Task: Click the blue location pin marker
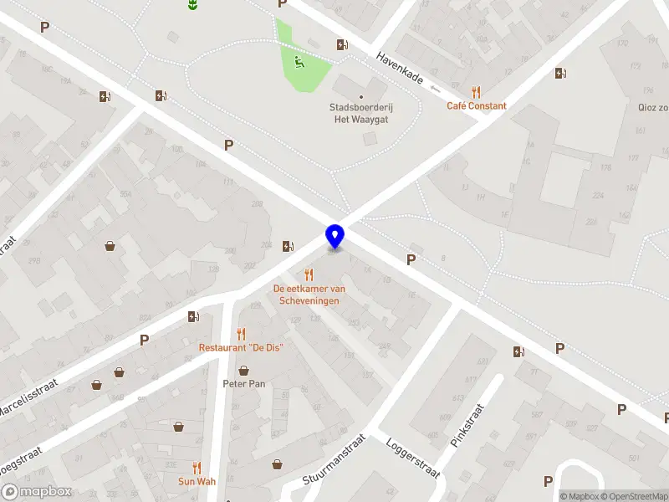click(334, 236)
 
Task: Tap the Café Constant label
click(476, 106)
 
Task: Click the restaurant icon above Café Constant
click(477, 92)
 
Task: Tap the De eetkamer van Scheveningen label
click(309, 295)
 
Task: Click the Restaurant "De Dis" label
click(242, 347)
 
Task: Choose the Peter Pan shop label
click(243, 384)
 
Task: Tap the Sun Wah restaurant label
click(197, 481)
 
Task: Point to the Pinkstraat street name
click(467, 426)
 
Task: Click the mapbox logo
click(37, 492)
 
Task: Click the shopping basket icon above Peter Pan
click(243, 370)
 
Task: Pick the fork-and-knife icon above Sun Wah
click(197, 468)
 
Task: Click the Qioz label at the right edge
click(652, 107)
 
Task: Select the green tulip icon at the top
click(193, 5)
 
